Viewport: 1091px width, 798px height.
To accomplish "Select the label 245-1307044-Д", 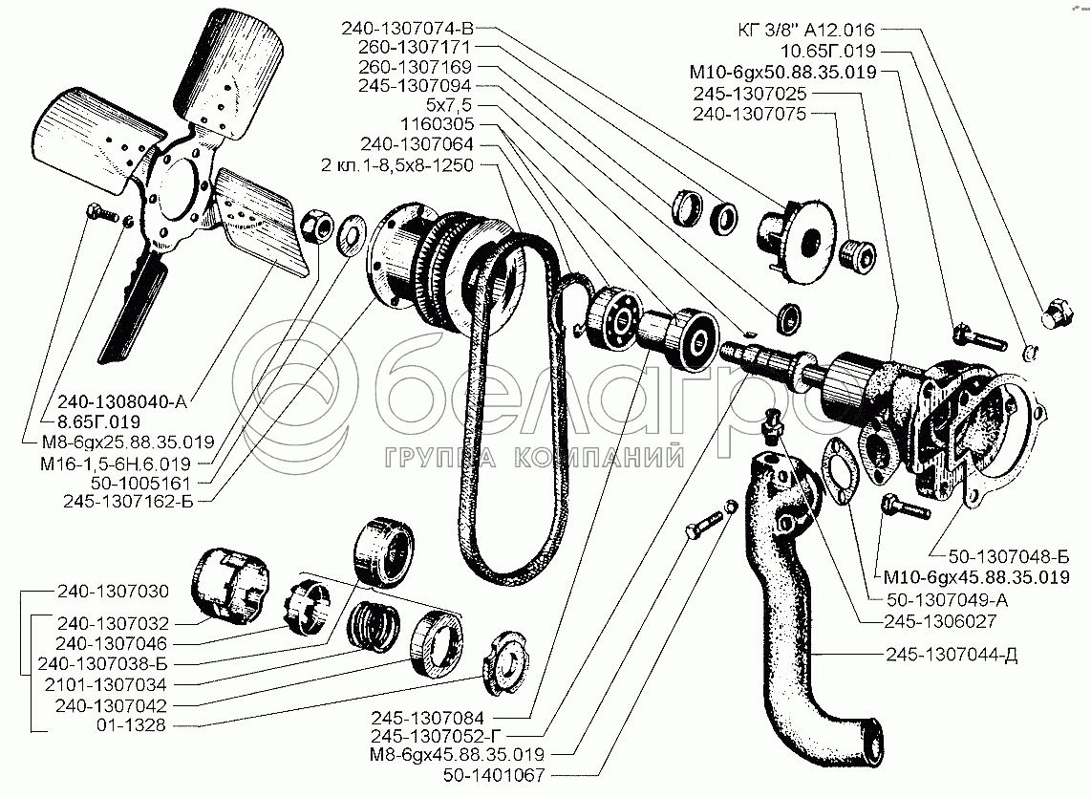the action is [x=952, y=655].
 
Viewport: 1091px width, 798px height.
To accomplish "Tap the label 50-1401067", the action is [x=494, y=774].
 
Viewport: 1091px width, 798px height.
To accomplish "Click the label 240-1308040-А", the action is [x=122, y=401].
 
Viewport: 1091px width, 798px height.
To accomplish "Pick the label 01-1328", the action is [x=132, y=725].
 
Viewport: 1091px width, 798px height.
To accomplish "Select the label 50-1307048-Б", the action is [x=1009, y=556].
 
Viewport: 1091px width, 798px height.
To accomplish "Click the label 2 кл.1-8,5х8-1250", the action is [x=397, y=165].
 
